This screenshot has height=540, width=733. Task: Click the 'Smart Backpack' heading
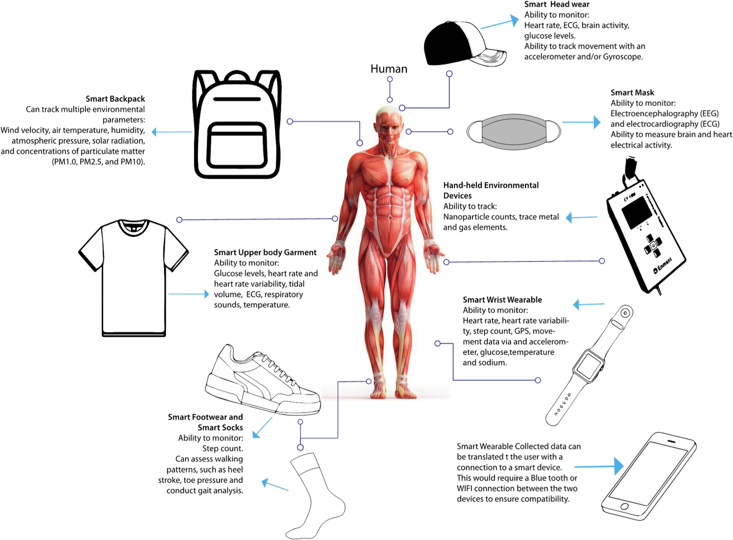pyautogui.click(x=115, y=99)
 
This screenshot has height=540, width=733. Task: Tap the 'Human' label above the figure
pyautogui.click(x=388, y=69)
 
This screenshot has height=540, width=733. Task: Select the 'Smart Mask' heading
pyautogui.click(x=632, y=93)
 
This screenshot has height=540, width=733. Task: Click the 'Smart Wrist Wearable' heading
pyautogui.click(x=502, y=300)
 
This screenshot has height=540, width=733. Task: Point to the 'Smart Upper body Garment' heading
pyautogui.click(x=265, y=253)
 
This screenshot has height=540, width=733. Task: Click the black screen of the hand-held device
pyautogui.click(x=636, y=212)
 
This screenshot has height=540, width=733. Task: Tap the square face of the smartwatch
pyautogui.click(x=589, y=366)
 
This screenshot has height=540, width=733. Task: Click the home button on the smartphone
pyautogui.click(x=624, y=506)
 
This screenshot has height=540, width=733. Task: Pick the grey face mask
pyautogui.click(x=513, y=131)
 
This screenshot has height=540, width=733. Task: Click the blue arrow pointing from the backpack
pyautogui.click(x=172, y=132)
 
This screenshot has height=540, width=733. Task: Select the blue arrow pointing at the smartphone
pyautogui.click(x=600, y=466)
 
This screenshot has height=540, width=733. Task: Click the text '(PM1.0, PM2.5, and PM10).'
pyautogui.click(x=99, y=162)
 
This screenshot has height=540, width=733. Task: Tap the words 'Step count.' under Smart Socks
pyautogui.click(x=222, y=448)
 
